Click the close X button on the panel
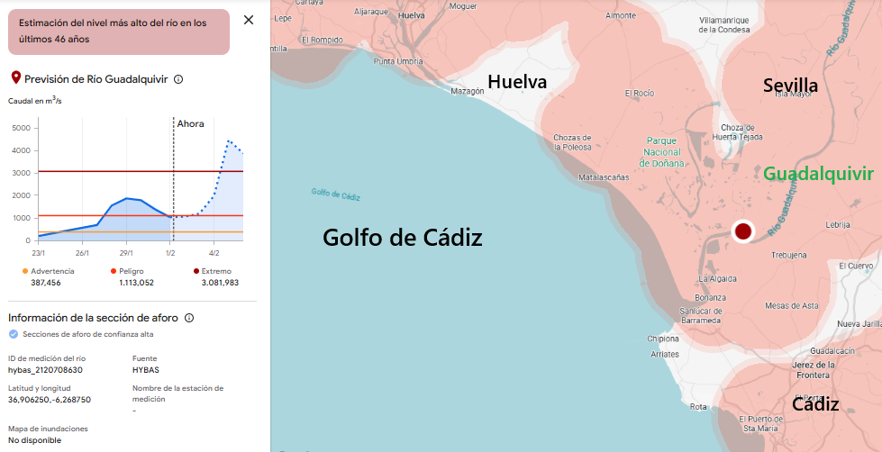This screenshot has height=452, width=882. point(249,20)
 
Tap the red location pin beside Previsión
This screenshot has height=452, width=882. point(14,79)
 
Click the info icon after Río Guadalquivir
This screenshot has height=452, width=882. point(178,79)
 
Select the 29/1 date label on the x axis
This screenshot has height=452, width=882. point(126,253)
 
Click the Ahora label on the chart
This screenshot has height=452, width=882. point(190,123)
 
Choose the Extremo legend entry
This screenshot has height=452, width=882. point(217,271)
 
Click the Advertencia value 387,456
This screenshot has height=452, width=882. point(46,283)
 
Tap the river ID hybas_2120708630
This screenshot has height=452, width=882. point(45,369)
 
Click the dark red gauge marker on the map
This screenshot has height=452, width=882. point(742,231)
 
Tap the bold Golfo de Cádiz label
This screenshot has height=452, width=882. point(403,238)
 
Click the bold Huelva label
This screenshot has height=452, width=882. point(517,82)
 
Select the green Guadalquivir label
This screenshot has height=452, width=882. point(818,173)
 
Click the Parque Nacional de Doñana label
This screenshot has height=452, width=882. point(662,152)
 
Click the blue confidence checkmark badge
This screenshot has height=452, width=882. point(13,334)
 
